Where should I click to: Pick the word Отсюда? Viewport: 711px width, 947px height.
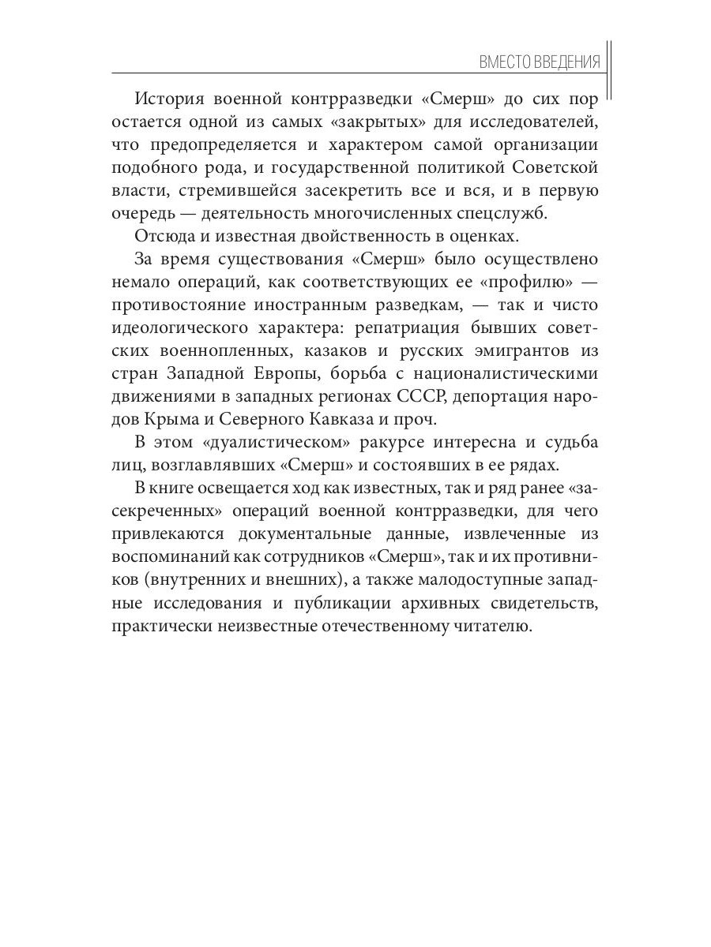click(x=162, y=237)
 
